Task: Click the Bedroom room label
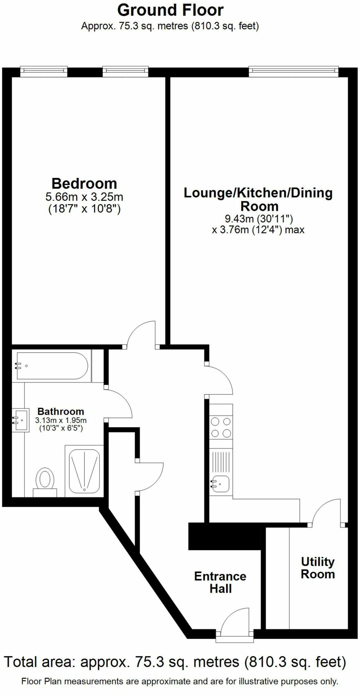click(x=84, y=184)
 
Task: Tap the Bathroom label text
click(x=61, y=412)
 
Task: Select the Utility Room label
click(x=318, y=568)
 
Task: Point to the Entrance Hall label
click(x=220, y=582)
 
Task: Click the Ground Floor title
click(x=170, y=10)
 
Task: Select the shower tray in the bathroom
click(x=84, y=471)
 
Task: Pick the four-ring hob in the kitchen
click(x=221, y=428)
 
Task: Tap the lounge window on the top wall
click(x=293, y=70)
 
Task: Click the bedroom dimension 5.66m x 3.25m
click(x=84, y=197)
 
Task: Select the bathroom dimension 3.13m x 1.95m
click(x=61, y=420)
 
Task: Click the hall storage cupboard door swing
click(x=150, y=477)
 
